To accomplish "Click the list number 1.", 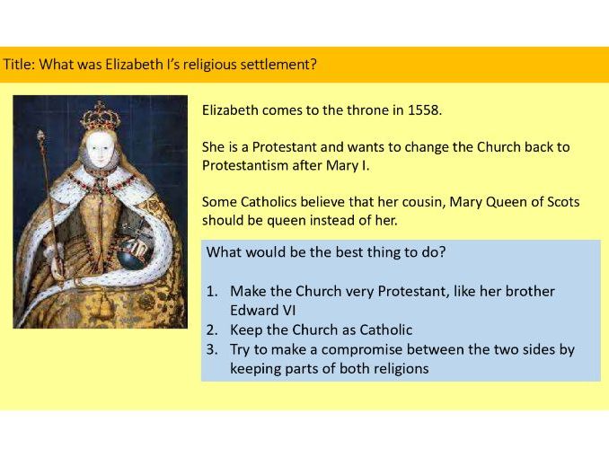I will point(213,292).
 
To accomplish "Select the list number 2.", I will point(213,330).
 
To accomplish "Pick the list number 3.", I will point(213,349).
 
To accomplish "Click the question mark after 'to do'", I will point(443,252).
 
